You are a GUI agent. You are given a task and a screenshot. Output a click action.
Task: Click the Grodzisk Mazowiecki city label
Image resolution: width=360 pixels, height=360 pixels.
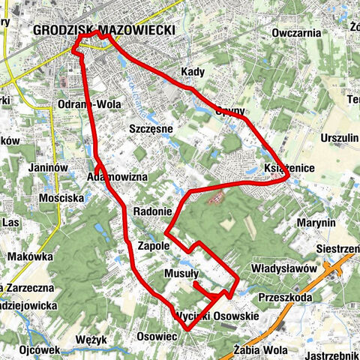click(104, 30)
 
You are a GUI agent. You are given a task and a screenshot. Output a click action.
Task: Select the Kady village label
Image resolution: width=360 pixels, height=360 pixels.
click(193, 72)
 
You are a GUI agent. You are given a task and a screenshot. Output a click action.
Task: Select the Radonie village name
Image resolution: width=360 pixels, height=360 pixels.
click(153, 211)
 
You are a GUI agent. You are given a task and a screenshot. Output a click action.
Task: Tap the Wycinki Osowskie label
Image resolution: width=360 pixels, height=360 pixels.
click(217, 316)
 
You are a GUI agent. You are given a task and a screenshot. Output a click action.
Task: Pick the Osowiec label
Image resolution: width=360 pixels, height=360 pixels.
click(157, 337)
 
